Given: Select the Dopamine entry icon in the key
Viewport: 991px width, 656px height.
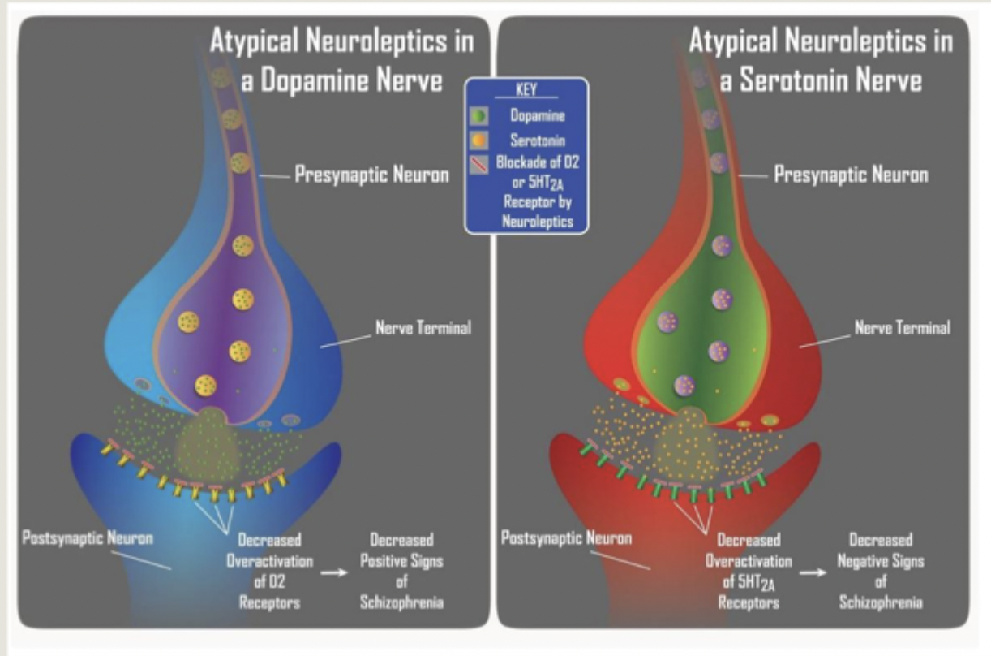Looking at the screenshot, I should click(479, 117).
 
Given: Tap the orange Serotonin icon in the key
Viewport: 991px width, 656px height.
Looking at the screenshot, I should click(479, 140).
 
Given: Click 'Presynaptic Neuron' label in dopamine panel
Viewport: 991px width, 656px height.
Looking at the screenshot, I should click(371, 175).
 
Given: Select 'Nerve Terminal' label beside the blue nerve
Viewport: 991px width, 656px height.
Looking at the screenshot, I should click(423, 329).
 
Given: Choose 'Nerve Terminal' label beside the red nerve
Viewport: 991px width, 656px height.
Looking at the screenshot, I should click(902, 329).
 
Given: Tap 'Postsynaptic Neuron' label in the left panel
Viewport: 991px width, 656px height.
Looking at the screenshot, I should click(88, 537).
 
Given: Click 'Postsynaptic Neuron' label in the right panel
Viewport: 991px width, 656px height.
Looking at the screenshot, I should click(566, 537).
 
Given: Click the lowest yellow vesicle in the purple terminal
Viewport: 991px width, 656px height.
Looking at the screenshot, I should click(206, 385).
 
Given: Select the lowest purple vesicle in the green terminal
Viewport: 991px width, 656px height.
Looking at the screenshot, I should click(684, 385).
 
